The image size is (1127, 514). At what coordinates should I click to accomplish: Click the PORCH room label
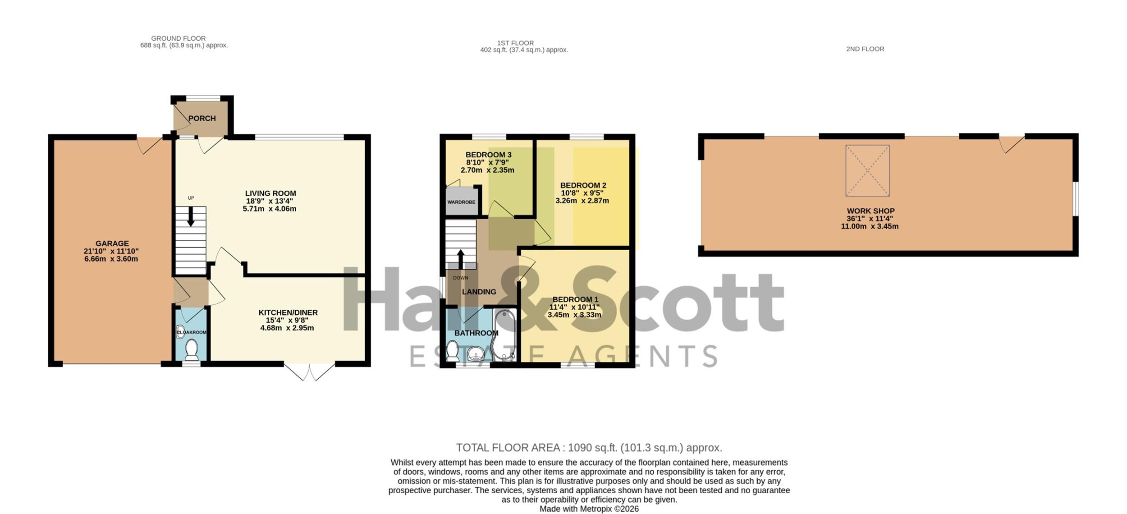[202, 118]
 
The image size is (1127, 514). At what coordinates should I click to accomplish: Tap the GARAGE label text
[112, 243]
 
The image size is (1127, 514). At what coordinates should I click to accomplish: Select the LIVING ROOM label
[270, 193]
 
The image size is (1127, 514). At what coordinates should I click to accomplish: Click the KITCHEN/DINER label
[288, 312]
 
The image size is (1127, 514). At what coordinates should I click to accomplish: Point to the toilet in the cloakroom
[192, 350]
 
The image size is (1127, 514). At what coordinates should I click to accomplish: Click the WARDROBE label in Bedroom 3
[461, 202]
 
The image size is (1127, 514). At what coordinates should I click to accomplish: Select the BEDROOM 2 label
[583, 185]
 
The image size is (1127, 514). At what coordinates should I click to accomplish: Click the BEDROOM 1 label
[575, 299]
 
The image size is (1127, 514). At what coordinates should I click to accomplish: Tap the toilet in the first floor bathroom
[452, 351]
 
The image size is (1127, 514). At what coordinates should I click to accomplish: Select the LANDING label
[479, 292]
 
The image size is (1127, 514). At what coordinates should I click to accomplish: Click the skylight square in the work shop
[867, 170]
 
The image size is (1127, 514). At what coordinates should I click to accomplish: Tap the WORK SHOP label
[870, 211]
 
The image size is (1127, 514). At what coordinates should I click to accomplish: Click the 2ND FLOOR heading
[865, 49]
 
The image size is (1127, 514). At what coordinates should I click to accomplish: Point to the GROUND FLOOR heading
[178, 38]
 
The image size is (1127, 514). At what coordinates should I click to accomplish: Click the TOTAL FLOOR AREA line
[589, 448]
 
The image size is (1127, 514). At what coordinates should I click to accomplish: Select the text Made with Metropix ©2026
[589, 509]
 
